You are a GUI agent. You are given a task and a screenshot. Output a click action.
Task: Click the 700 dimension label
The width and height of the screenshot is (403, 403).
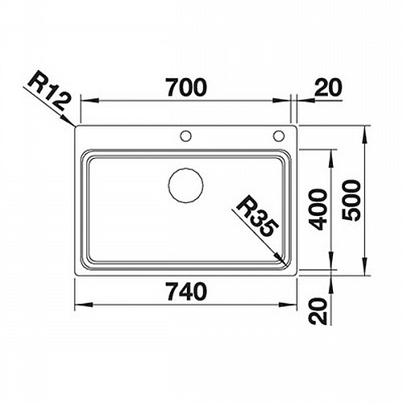point(186,87)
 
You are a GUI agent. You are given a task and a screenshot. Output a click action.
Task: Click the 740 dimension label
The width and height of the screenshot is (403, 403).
point(186,292)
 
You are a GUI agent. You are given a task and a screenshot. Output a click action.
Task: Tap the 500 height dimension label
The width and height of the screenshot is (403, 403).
point(351,201)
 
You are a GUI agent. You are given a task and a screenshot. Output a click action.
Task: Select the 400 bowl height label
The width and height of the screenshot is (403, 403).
point(318,210)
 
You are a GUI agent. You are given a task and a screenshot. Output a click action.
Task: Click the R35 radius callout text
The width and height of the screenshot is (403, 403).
point(256,215)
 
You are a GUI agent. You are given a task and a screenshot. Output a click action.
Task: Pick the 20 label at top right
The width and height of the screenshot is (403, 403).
point(329,87)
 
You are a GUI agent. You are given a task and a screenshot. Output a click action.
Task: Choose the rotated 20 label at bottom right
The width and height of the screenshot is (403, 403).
point(318,311)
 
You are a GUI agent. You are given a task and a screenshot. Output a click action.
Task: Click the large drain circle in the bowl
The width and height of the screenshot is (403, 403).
point(186,185)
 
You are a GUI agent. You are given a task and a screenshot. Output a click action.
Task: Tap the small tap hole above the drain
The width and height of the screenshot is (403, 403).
point(186,135)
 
